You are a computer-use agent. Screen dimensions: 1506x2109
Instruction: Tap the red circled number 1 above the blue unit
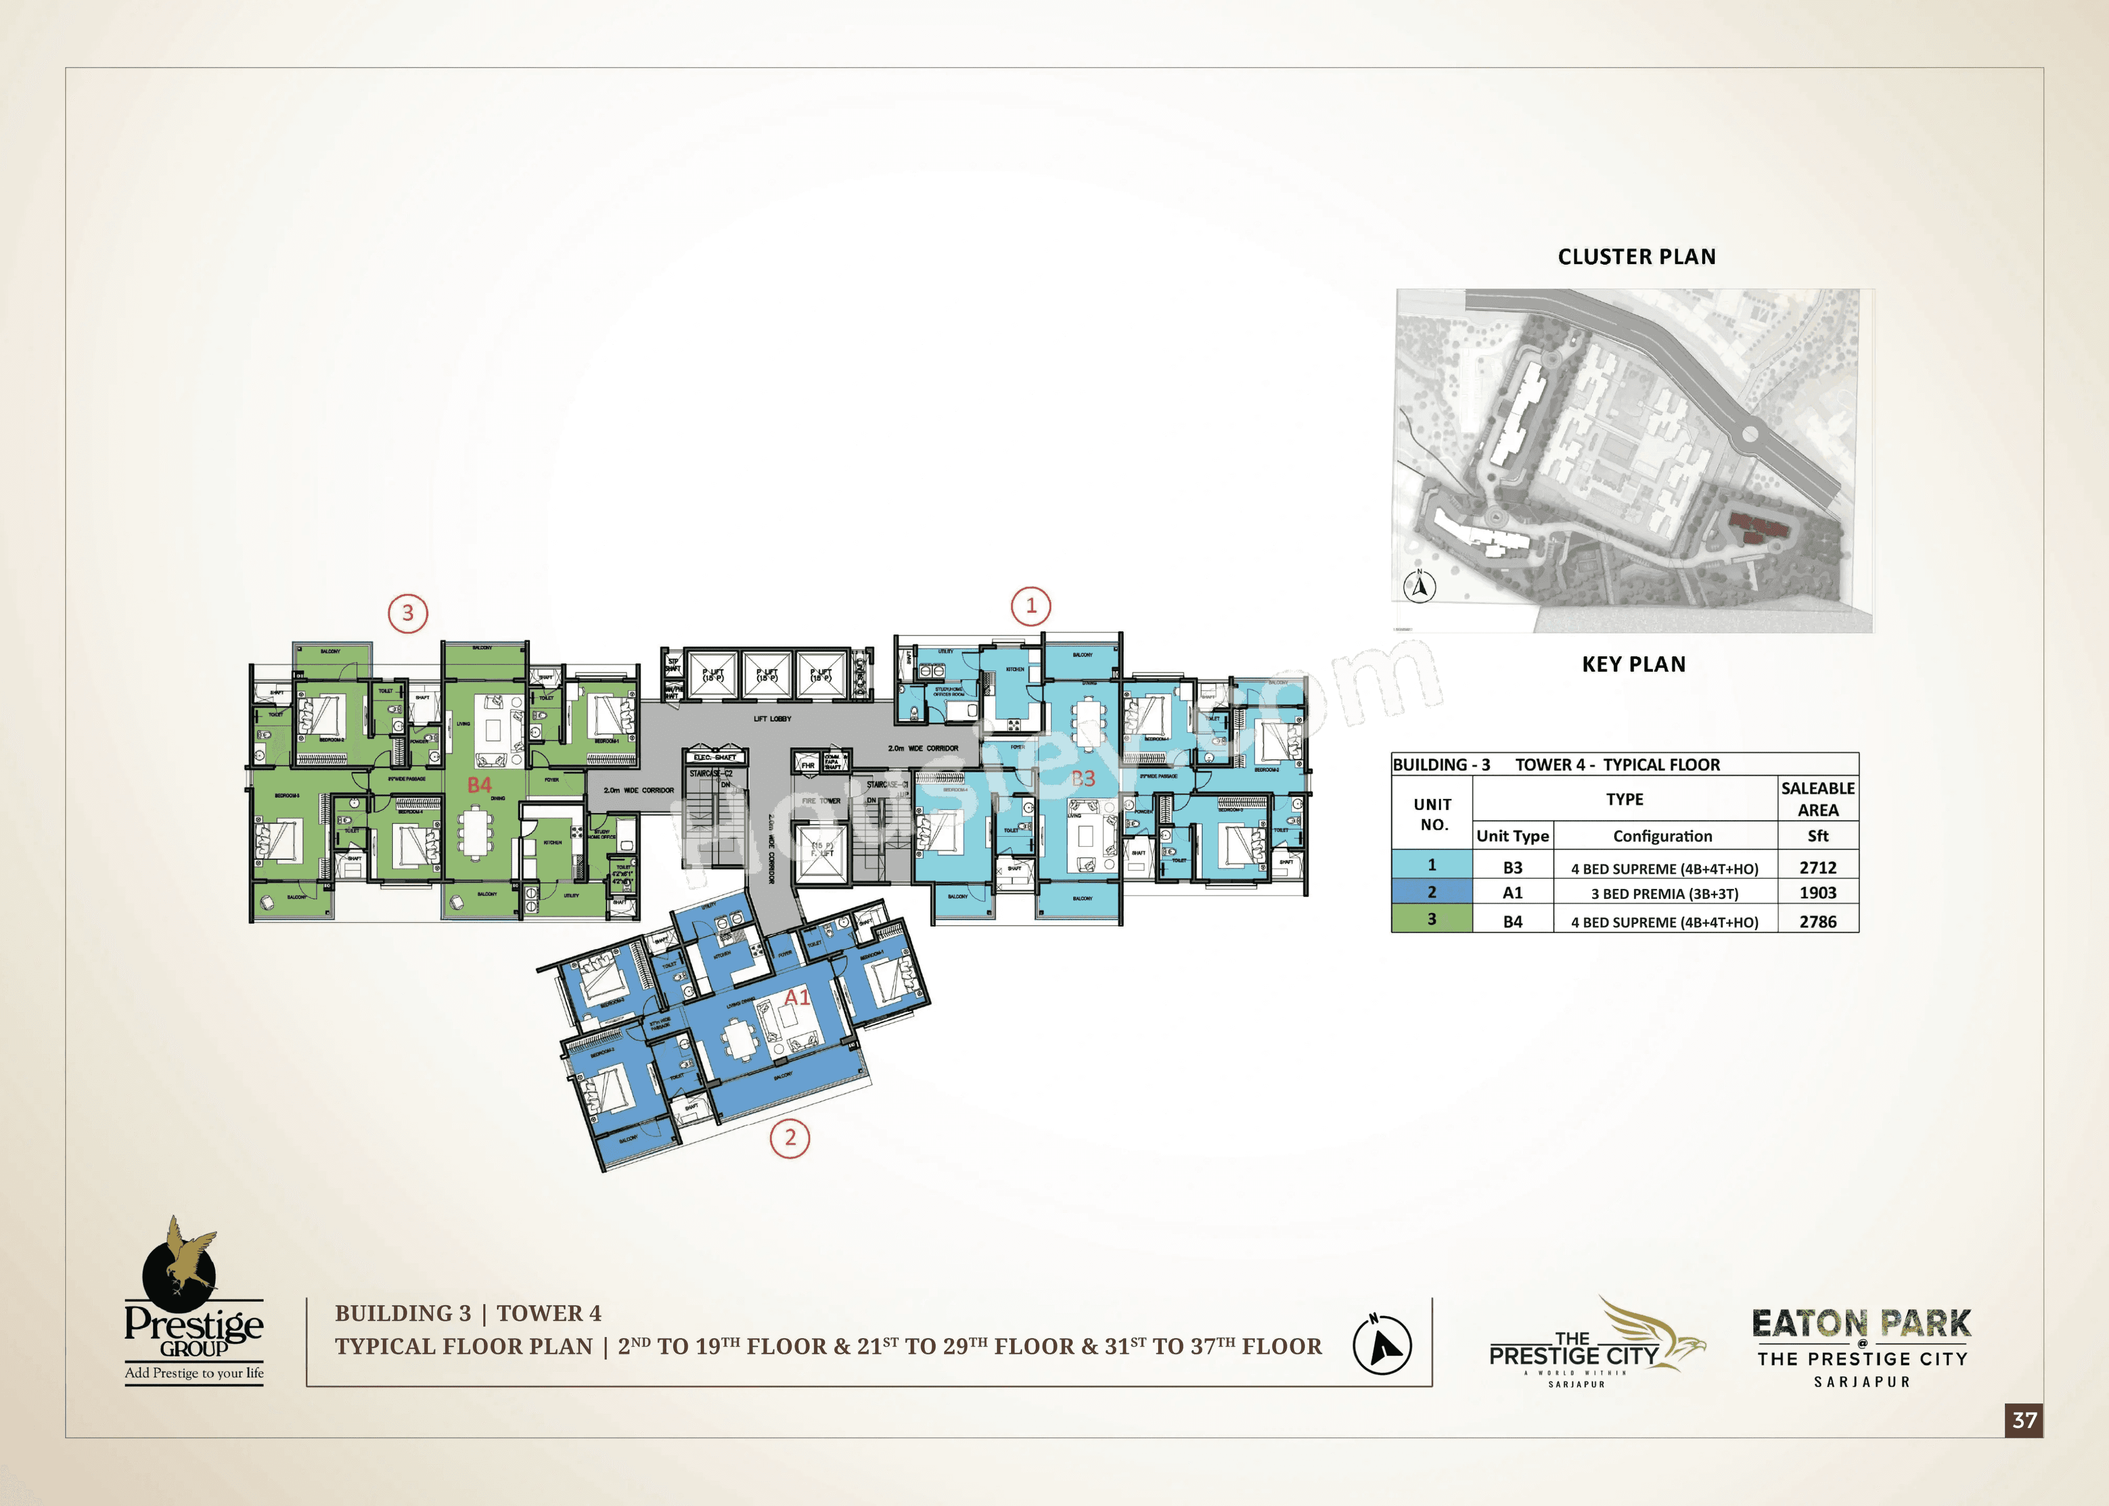(x=1030, y=607)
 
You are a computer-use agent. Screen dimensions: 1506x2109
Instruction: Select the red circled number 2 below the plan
(x=790, y=1138)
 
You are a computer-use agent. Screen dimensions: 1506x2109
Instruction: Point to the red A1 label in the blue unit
(x=797, y=997)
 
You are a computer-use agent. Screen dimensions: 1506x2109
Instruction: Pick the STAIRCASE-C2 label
(x=711, y=774)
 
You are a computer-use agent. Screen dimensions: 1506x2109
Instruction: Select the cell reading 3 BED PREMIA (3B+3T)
(x=1664, y=894)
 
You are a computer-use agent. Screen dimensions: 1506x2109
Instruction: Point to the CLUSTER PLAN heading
(x=1636, y=257)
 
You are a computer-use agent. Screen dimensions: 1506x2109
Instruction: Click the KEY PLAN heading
(x=1633, y=664)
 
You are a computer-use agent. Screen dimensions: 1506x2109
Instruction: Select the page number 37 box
(x=2024, y=1420)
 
